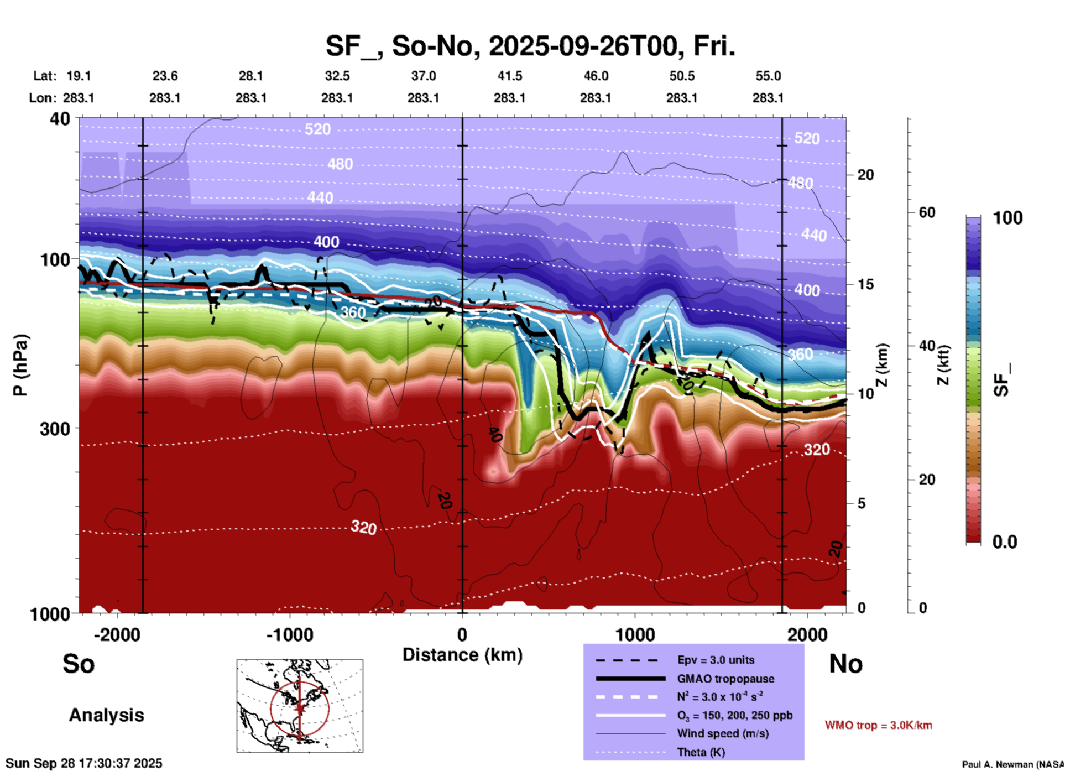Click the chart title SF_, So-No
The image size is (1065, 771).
pos(530,46)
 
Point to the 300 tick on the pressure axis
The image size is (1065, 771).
pos(55,428)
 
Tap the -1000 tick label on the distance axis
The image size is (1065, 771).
pos(290,634)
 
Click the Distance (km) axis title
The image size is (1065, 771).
pos(462,655)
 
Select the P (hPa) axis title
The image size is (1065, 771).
pos(20,365)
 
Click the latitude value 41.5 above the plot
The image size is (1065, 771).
pos(509,76)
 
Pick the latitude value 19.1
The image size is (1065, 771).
pos(79,76)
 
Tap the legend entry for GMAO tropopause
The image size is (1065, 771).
pos(725,679)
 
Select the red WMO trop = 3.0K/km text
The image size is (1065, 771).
pos(878,725)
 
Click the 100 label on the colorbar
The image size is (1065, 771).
pos(1007,218)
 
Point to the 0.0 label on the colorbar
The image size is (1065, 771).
pos(1005,542)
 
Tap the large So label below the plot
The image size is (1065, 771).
pos(79,664)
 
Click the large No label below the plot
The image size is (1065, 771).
pos(845,664)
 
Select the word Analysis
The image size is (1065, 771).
pos(106,715)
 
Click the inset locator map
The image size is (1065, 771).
pos(300,706)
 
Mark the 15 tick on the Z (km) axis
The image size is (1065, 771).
pos(865,284)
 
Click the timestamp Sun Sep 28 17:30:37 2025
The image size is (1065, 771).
pos(84,763)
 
